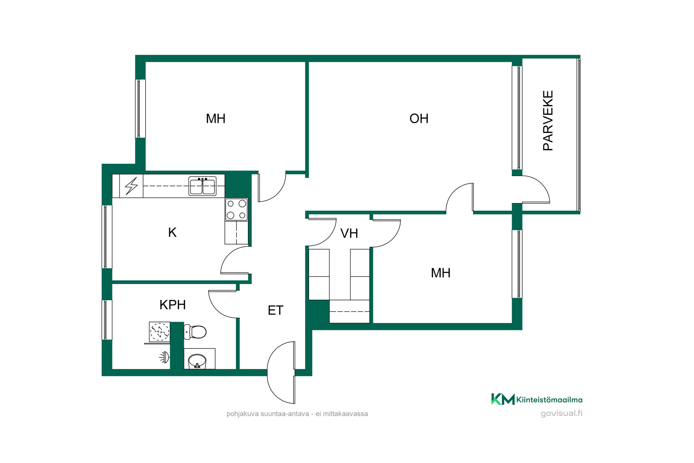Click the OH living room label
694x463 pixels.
[x=419, y=119]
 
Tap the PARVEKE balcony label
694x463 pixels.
[x=548, y=120]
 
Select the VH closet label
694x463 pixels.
[x=349, y=233]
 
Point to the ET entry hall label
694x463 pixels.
[x=275, y=310]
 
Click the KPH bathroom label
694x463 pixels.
[x=173, y=305]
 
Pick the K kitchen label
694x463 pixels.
[x=172, y=232]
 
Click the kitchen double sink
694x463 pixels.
[x=202, y=186]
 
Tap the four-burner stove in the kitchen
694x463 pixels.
[x=236, y=209]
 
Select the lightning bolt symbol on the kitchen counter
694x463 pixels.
[x=131, y=186]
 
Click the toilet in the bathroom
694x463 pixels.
[x=195, y=332]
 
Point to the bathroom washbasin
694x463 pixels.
[x=197, y=361]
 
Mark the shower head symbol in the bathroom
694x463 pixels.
[x=164, y=357]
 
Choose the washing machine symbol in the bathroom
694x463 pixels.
[x=159, y=331]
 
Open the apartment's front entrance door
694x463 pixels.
[x=282, y=373]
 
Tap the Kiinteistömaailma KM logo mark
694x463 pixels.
[x=503, y=399]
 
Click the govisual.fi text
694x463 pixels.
[x=561, y=413]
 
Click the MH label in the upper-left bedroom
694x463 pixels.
[x=216, y=119]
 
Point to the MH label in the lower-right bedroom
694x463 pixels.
[x=441, y=273]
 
